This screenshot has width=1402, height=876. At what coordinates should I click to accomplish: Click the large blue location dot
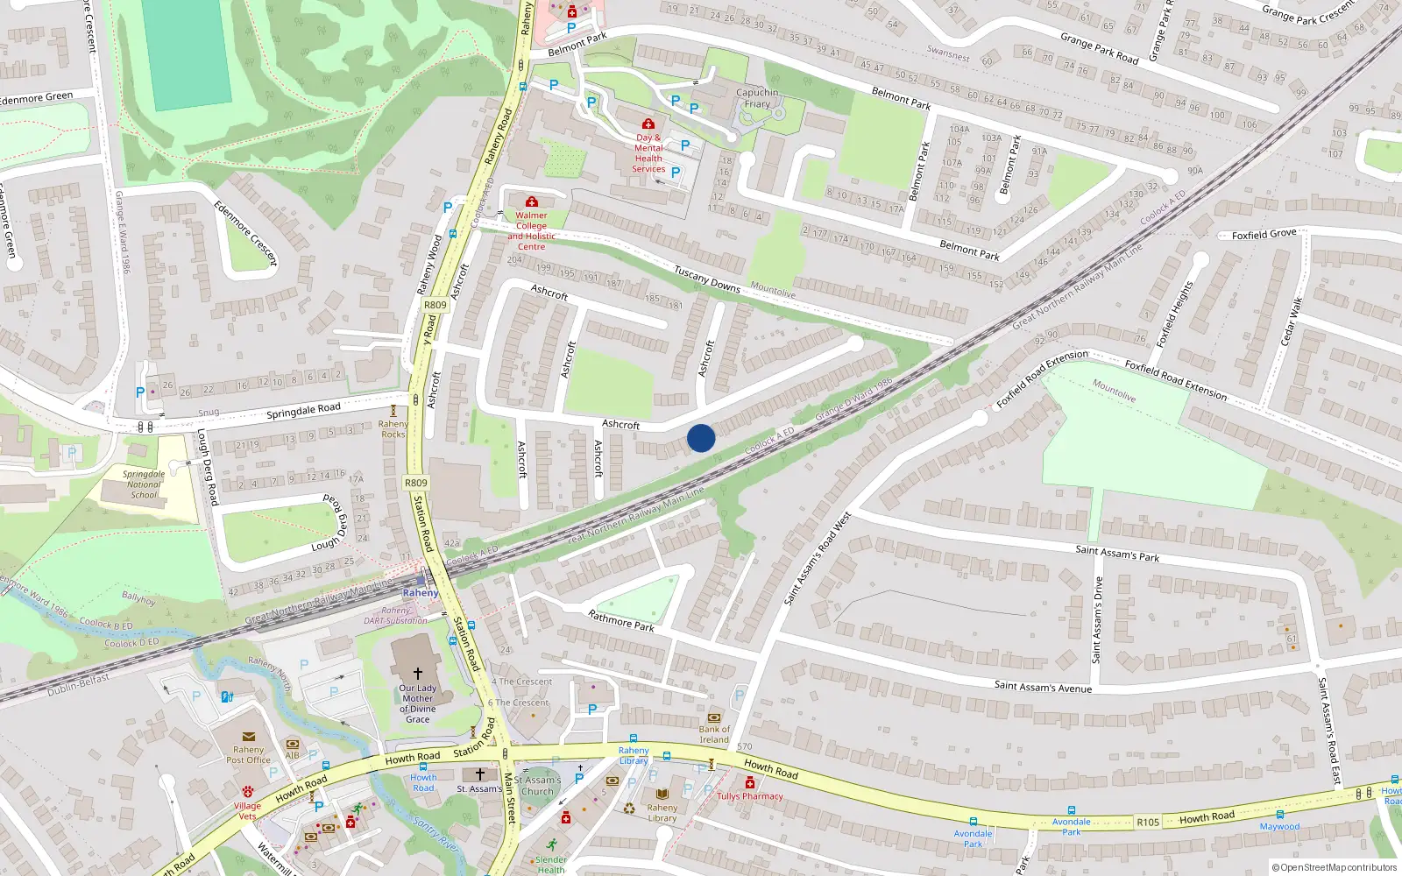(701, 438)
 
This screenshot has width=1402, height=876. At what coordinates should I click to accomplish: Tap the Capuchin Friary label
(757, 98)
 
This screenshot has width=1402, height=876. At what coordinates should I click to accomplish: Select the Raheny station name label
(421, 593)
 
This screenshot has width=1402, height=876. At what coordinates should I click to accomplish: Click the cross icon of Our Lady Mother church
(418, 674)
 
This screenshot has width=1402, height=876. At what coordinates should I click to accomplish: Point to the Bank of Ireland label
(714, 734)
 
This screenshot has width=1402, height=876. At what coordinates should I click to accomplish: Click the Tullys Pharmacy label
(750, 796)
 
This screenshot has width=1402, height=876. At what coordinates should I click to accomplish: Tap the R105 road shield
(1148, 822)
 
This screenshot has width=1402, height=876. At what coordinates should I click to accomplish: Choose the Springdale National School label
(144, 484)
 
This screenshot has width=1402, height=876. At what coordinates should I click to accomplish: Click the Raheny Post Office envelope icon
(249, 737)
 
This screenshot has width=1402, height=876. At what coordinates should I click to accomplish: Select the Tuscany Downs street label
(707, 279)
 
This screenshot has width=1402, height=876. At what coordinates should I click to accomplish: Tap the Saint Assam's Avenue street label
(1043, 687)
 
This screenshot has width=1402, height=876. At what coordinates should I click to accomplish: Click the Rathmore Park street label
(621, 620)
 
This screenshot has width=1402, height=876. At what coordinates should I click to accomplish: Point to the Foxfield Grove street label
(1264, 234)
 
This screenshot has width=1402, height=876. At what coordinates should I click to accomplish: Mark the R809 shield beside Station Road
(416, 483)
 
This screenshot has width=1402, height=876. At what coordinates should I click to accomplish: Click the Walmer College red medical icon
(531, 202)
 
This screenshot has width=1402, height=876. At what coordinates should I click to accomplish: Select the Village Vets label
(247, 810)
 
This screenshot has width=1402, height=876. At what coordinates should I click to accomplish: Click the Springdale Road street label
(303, 410)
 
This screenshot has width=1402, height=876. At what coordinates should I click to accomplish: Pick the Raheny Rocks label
(393, 428)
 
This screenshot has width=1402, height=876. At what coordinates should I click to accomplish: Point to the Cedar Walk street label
(1292, 321)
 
